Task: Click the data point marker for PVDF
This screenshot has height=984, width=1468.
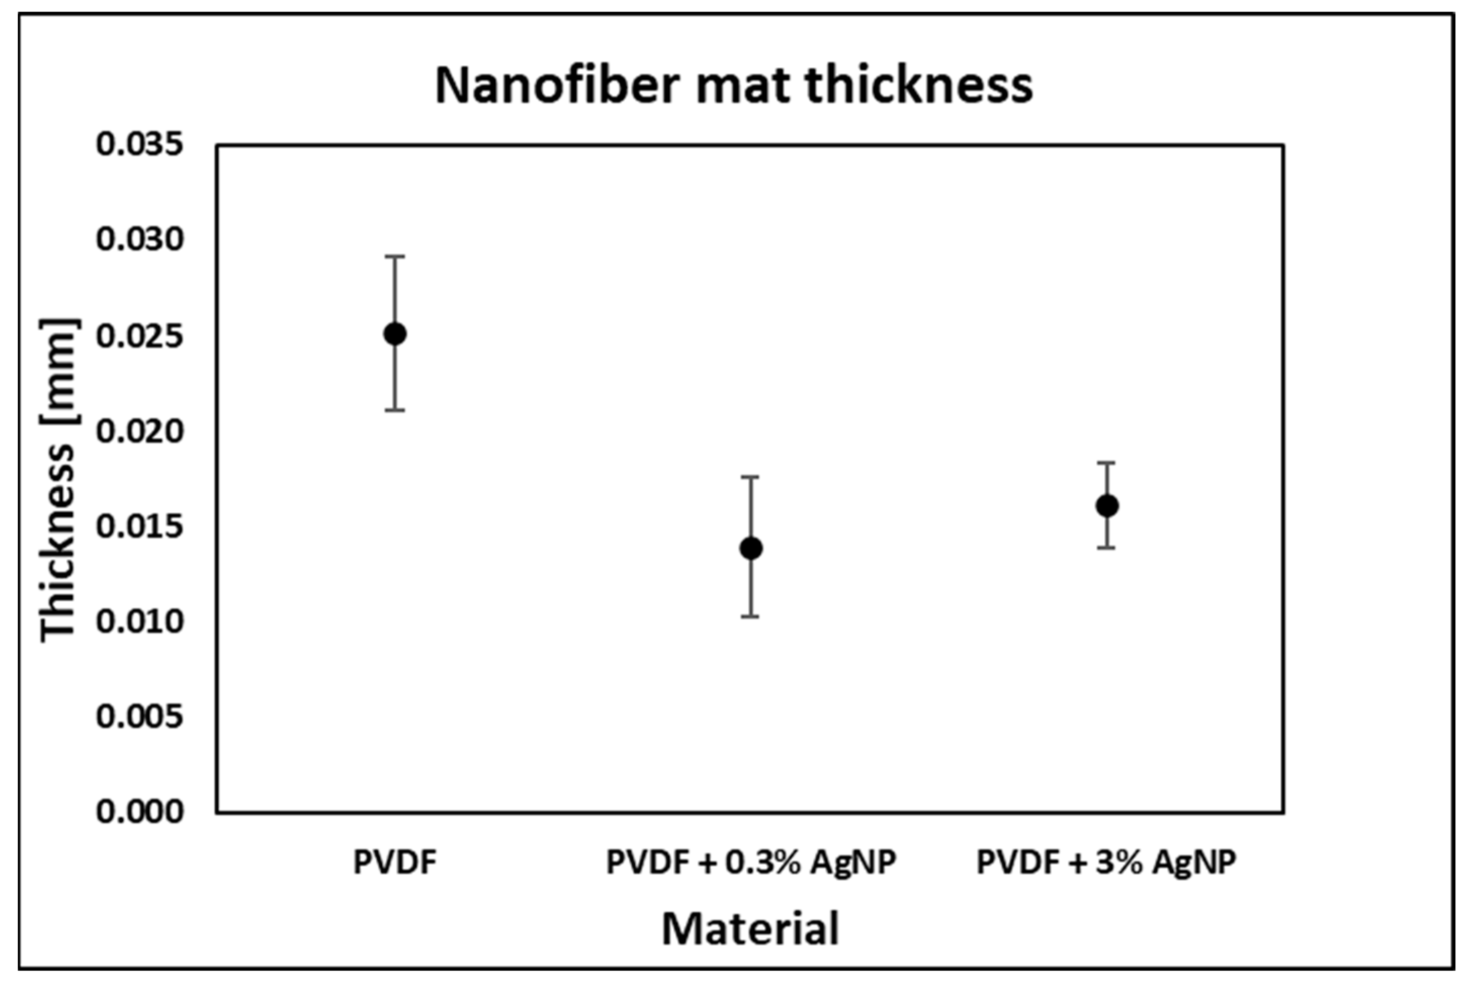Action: (x=395, y=334)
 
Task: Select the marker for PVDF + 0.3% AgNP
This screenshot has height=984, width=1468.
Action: (x=751, y=548)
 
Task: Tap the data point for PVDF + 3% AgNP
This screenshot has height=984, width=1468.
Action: (x=1107, y=505)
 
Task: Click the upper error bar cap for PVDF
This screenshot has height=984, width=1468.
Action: (x=395, y=257)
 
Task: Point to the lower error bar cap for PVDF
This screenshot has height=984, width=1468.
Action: (x=395, y=411)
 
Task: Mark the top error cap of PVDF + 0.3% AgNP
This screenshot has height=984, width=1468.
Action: (x=751, y=477)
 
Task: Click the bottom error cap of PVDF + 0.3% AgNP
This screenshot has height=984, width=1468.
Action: (x=751, y=617)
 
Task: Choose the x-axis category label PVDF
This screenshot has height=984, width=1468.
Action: (x=395, y=862)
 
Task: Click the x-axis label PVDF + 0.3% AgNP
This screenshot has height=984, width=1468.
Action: (x=751, y=862)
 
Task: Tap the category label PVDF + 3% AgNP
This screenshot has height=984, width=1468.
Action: (x=1106, y=862)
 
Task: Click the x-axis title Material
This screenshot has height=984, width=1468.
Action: (x=750, y=929)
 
